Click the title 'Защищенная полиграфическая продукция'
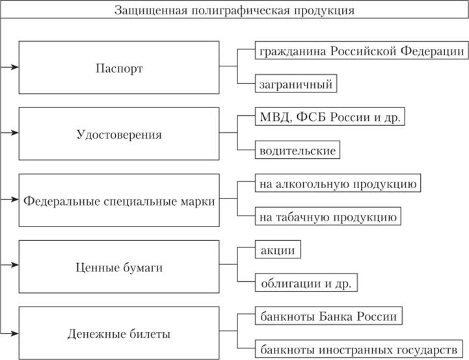[x=234, y=10]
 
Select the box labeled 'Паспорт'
[x=118, y=68]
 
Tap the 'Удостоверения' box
[x=118, y=135]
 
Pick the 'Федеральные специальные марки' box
[x=118, y=201]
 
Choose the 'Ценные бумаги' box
[x=118, y=267]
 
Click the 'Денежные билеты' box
[x=118, y=334]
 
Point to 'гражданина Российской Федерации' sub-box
[x=361, y=51]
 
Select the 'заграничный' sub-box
[x=296, y=84]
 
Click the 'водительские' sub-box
[x=297, y=151]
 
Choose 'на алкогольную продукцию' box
[x=336, y=184]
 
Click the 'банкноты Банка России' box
[x=327, y=317]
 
